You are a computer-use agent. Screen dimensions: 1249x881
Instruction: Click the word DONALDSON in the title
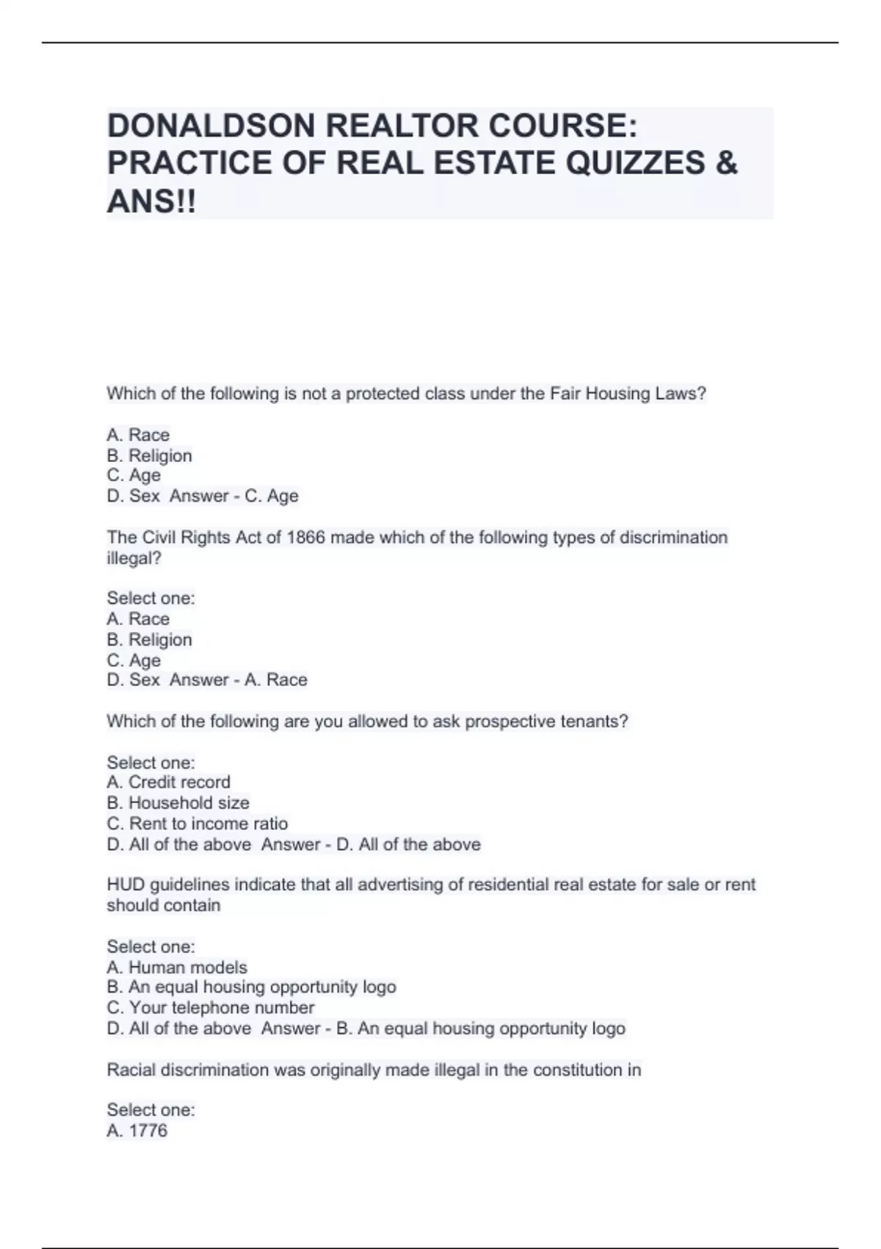pyautogui.click(x=210, y=126)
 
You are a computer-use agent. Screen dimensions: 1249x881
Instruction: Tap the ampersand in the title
pyautogui.click(x=725, y=163)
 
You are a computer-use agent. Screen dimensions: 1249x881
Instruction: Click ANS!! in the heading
pyautogui.click(x=152, y=201)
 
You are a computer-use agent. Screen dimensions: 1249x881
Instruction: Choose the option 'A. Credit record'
pyautogui.click(x=168, y=782)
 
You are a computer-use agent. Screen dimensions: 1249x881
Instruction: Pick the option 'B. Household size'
pyautogui.click(x=178, y=803)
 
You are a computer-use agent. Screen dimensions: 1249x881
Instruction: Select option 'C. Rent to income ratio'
pyautogui.click(x=197, y=824)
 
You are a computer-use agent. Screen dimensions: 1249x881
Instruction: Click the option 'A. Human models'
pyautogui.click(x=177, y=968)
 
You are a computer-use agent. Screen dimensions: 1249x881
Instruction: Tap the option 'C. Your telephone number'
pyautogui.click(x=210, y=1007)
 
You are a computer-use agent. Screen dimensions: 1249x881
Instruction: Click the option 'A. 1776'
pyautogui.click(x=137, y=1131)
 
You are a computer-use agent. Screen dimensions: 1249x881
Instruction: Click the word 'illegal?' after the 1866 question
pyautogui.click(x=134, y=558)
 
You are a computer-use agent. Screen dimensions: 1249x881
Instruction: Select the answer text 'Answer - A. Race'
pyautogui.click(x=239, y=680)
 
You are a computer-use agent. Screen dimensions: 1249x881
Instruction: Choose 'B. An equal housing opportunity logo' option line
pyautogui.click(x=251, y=987)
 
